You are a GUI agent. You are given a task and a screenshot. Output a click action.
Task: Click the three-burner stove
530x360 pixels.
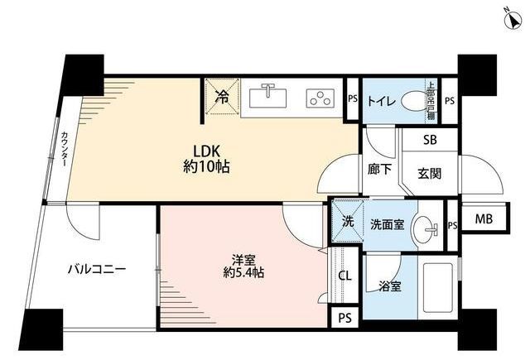tap(318, 97)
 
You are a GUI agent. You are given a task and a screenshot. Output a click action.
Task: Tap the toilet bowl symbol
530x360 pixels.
tap(412, 103)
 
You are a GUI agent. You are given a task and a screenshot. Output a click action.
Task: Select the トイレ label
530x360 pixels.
tap(382, 103)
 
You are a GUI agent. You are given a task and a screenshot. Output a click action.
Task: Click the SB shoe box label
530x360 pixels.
tap(430, 140)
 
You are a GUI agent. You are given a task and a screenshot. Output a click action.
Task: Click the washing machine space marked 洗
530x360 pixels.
tap(349, 222)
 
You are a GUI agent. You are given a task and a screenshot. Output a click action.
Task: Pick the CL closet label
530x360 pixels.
tap(344, 276)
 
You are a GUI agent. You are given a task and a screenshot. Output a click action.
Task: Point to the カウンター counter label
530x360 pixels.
tap(63, 151)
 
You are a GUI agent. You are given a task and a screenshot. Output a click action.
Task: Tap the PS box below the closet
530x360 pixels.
tap(344, 317)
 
